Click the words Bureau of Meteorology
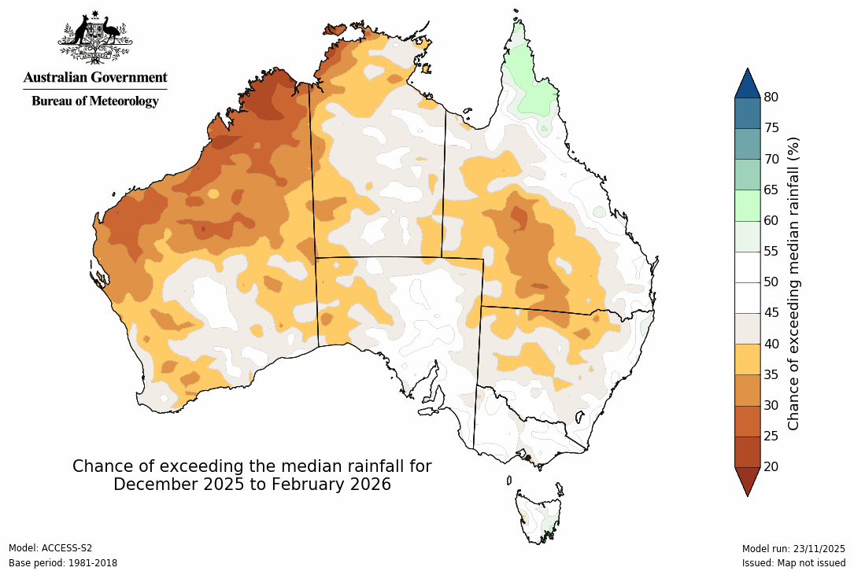click(x=94, y=101)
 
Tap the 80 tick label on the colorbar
click(x=771, y=98)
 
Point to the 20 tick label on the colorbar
click(x=771, y=466)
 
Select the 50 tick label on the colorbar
click(x=771, y=282)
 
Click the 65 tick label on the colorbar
click(x=771, y=190)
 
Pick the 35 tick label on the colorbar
click(x=771, y=374)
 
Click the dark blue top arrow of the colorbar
click(x=747, y=83)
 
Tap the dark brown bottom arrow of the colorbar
click(x=747, y=481)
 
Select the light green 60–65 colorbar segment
click(x=747, y=205)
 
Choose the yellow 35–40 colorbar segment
click(x=747, y=359)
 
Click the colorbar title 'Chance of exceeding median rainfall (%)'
click(x=794, y=283)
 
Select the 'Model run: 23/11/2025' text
click(x=793, y=548)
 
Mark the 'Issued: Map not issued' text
click(x=793, y=563)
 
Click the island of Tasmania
click(x=539, y=515)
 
